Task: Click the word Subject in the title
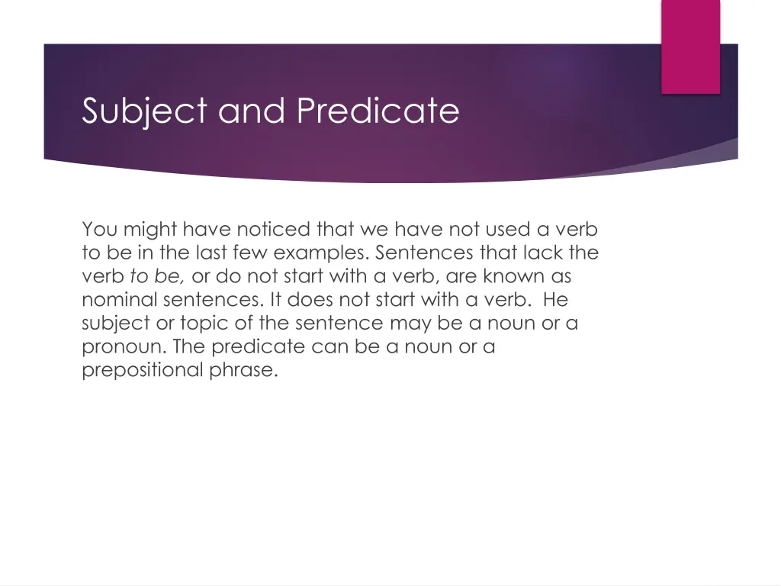tap(145, 111)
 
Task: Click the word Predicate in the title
tap(378, 111)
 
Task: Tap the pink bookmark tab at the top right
tap(690, 46)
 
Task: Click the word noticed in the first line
tap(273, 229)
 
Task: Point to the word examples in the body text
tap(322, 253)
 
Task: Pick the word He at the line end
tap(555, 300)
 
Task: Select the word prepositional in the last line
tap(142, 371)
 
